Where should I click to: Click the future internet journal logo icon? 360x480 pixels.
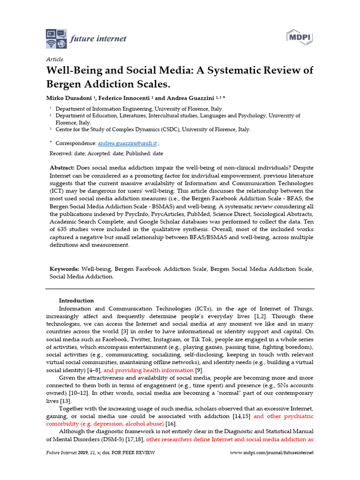(56, 38)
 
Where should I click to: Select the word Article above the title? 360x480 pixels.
(54, 59)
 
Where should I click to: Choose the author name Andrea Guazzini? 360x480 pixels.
(188, 98)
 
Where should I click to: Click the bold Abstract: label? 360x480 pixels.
(62, 168)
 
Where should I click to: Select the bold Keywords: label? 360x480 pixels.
(65, 269)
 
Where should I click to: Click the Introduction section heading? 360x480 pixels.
(76, 300)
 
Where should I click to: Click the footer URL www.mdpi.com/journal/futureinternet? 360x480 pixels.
(272, 453)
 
